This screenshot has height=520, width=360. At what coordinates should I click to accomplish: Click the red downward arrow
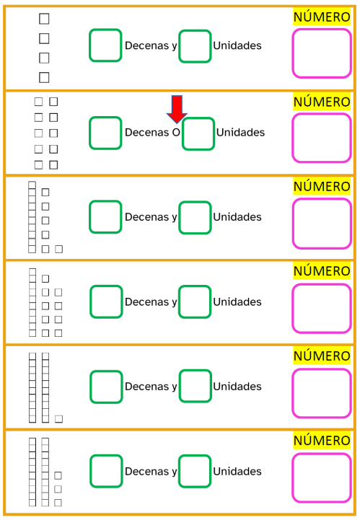[177, 110]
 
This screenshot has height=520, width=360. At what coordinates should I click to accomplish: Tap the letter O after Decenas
[176, 132]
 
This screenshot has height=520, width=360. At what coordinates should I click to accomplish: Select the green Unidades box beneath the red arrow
[198, 133]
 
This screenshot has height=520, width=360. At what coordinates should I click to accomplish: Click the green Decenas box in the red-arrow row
[105, 133]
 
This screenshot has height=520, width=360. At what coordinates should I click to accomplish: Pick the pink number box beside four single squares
[322, 53]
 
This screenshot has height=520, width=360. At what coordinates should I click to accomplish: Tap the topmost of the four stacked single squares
[44, 19]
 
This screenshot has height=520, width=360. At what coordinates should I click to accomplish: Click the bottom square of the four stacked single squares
[44, 78]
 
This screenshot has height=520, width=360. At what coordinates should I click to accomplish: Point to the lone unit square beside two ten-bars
[58, 419]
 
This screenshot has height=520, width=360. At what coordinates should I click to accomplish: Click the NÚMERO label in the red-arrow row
[322, 102]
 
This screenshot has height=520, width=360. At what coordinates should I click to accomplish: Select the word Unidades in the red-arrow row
[240, 132]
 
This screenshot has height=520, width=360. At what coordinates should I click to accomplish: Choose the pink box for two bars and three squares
[322, 478]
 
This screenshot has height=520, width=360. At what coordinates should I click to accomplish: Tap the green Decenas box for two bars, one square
[106, 387]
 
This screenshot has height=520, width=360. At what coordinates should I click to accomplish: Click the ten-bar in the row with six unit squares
[32, 217]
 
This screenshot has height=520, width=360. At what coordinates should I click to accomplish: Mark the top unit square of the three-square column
[58, 475]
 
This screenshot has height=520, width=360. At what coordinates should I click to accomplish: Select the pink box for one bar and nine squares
[322, 309]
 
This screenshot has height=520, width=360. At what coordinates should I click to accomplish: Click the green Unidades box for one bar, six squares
[195, 218]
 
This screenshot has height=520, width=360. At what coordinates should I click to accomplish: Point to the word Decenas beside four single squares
[147, 45]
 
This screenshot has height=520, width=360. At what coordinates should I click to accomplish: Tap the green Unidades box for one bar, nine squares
[195, 301]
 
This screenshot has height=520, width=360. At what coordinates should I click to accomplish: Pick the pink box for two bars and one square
[322, 393]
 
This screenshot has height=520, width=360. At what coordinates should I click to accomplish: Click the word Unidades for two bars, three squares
[237, 471]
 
